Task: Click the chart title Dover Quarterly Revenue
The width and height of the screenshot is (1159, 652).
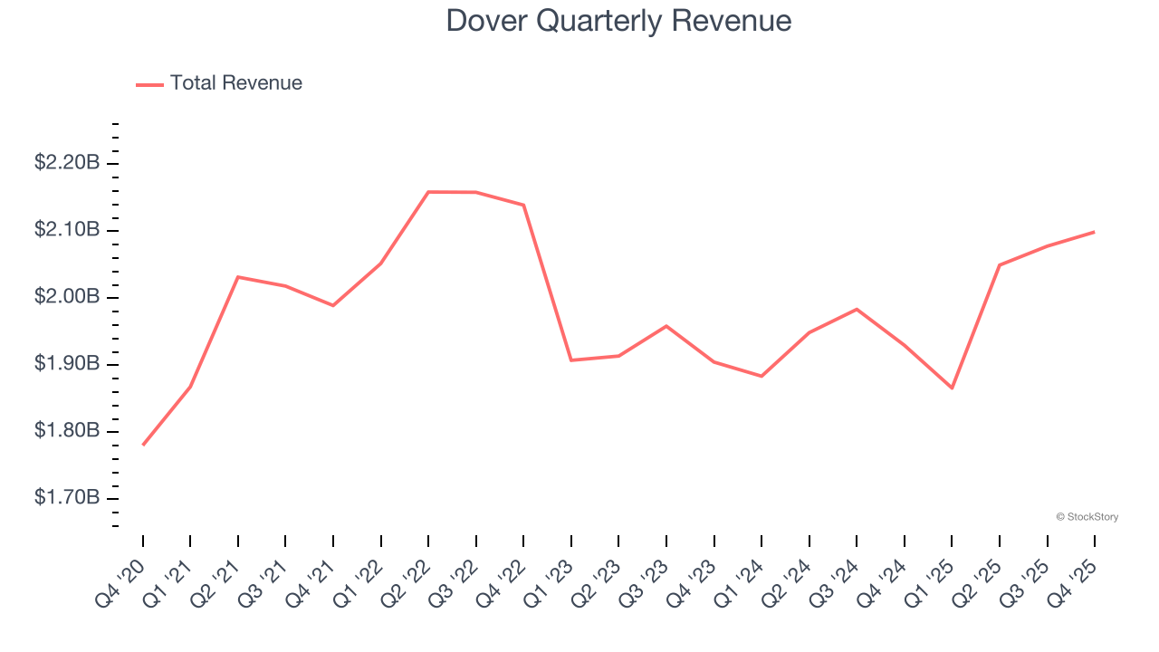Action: [x=618, y=21]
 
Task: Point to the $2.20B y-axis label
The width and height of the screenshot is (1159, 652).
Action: [x=67, y=163]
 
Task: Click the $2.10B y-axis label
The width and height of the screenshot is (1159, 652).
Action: [x=67, y=230]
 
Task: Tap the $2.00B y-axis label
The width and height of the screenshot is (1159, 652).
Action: [x=67, y=297]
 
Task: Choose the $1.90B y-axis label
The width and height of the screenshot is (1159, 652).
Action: [x=67, y=364]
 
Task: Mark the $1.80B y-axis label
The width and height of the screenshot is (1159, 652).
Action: [x=67, y=431]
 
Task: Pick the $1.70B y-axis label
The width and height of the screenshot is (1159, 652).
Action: [x=67, y=498]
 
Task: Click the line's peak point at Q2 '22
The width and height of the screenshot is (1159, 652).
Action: [x=428, y=192]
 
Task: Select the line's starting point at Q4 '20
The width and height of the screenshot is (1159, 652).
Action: [x=143, y=445]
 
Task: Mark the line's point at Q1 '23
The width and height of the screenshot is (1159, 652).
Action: [x=571, y=360]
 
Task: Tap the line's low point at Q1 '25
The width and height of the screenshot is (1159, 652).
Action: [x=952, y=388]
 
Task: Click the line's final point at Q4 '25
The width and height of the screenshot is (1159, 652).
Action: [x=1094, y=232]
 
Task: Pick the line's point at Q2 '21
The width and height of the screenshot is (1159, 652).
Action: [x=238, y=277]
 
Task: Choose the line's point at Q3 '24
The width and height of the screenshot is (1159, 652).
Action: [x=857, y=310]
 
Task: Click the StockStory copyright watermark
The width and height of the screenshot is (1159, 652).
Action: [x=1087, y=517]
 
